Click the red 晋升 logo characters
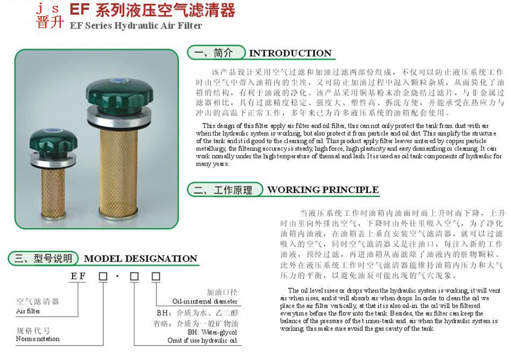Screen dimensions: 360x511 [x=50, y=22]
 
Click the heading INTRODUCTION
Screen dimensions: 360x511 [x=290, y=53]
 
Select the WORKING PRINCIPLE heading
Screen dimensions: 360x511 [x=323, y=190]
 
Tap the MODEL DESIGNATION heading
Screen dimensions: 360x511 [x=140, y=259]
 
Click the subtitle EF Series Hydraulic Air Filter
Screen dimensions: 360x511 [x=136, y=25]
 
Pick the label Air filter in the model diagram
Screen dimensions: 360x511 [x=28, y=311]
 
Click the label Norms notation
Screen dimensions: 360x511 [x=38, y=339]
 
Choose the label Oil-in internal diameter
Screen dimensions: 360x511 [x=204, y=302]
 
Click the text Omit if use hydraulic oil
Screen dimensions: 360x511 [x=202, y=340]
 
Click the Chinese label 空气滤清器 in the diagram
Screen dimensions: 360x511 [x=38, y=301]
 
